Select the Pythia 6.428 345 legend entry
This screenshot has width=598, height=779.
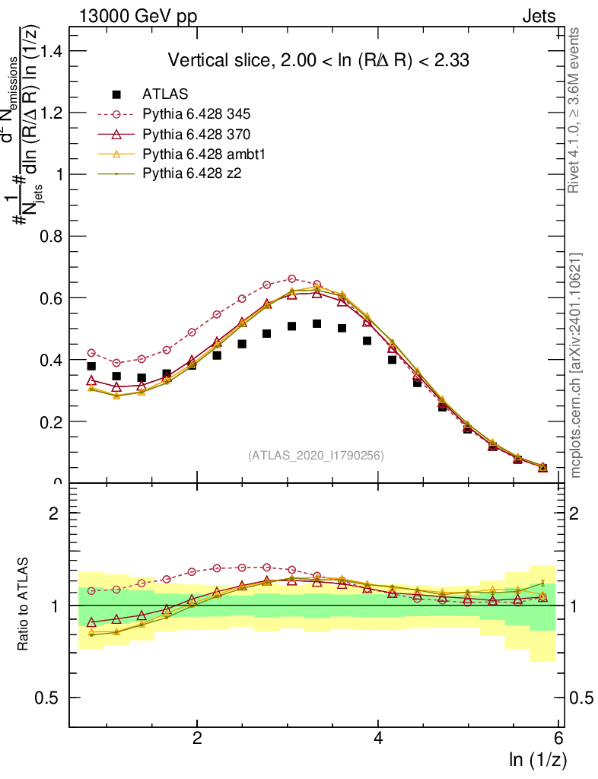point(196,115)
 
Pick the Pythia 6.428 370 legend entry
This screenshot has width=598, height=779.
point(196,135)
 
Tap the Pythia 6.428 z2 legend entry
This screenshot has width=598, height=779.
point(191,174)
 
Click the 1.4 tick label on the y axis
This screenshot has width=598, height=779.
point(49,51)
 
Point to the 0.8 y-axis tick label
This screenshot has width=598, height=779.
point(49,236)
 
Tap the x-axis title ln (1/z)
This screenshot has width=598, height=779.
point(538,759)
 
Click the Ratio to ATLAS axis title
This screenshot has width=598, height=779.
point(23,604)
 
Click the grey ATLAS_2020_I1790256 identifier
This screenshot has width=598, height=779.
point(316,456)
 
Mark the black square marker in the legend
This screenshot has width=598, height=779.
point(116,94)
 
